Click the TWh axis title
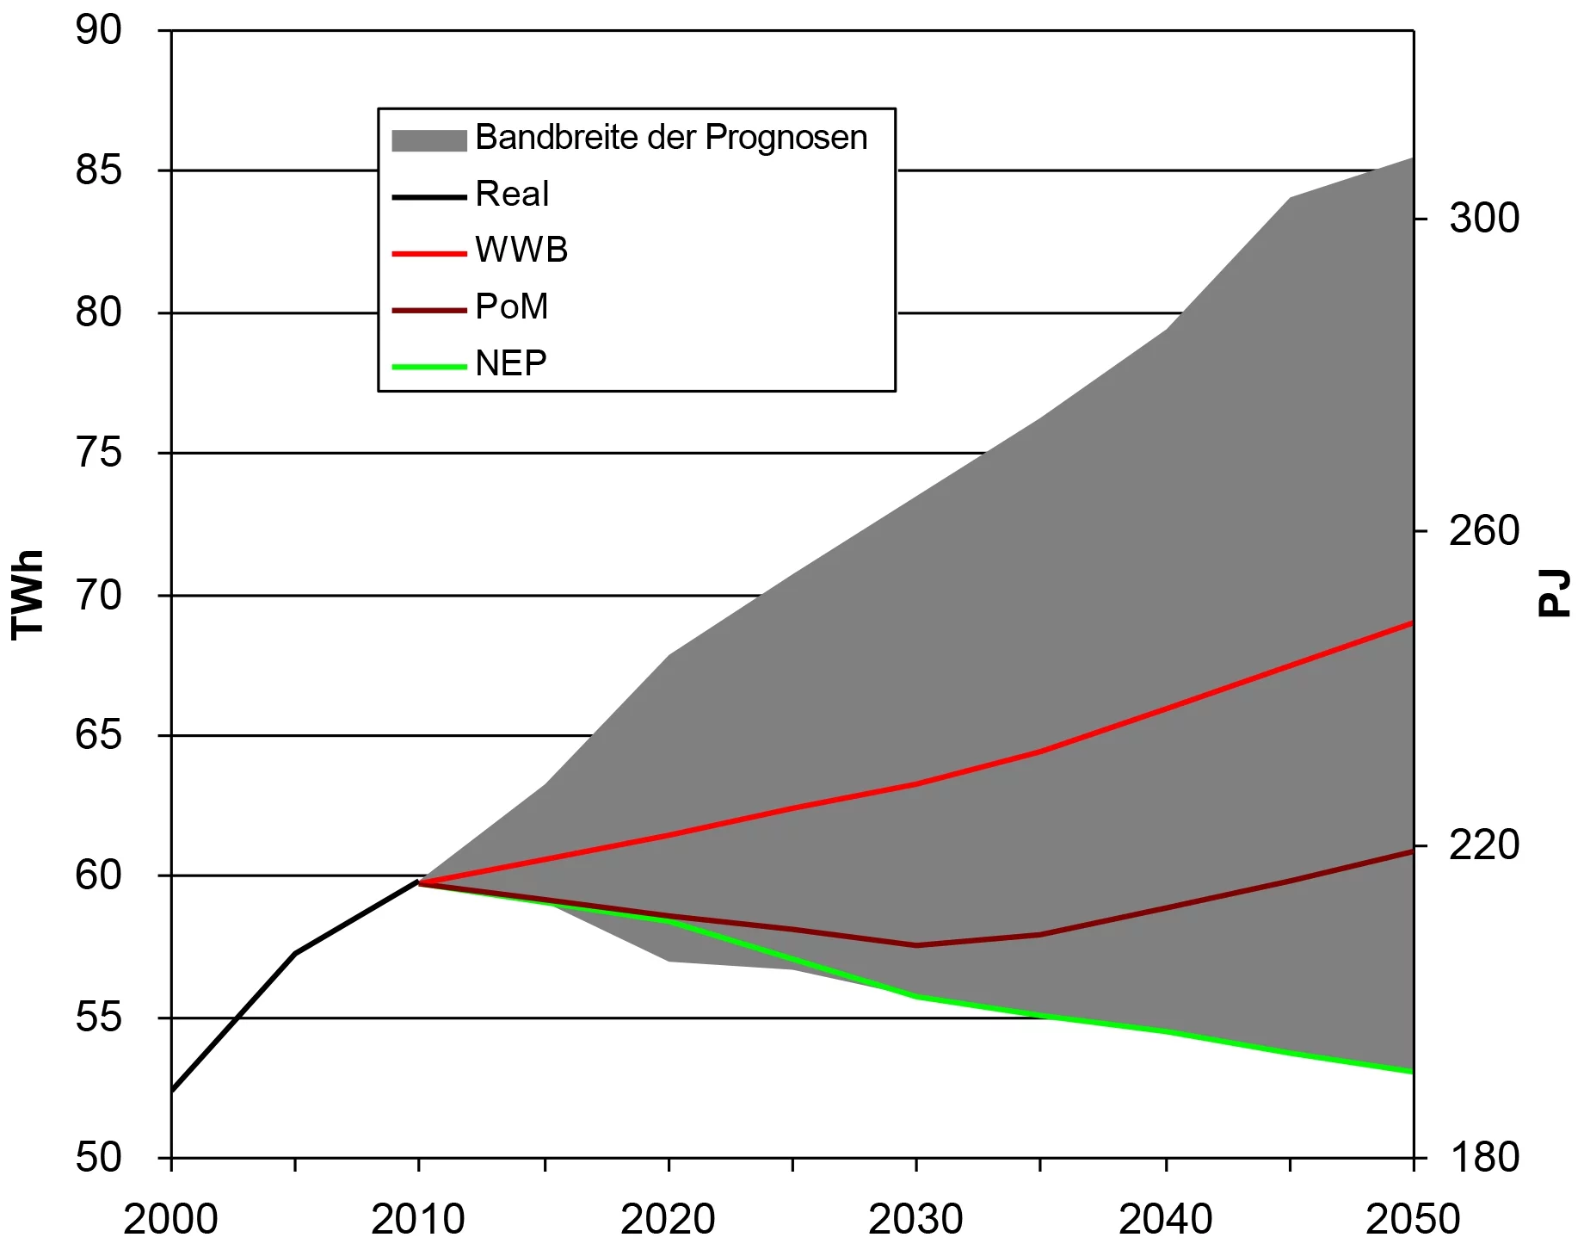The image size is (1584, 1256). pyautogui.click(x=28, y=594)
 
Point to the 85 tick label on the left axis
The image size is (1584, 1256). pyautogui.click(x=99, y=170)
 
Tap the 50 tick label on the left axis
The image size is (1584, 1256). pyautogui.click(x=99, y=1157)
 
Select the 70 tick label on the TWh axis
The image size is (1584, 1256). pyautogui.click(x=99, y=595)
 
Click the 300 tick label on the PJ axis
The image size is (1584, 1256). pyautogui.click(x=1483, y=218)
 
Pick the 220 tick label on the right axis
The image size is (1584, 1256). pyautogui.click(x=1483, y=845)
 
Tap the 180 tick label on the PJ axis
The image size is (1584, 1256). pyautogui.click(x=1483, y=1157)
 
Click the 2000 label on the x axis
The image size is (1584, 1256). pyautogui.click(x=170, y=1220)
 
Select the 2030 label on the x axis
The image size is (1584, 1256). pyautogui.click(x=915, y=1220)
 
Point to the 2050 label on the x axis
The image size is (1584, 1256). pyautogui.click(x=1412, y=1220)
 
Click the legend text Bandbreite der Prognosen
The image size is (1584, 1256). pyautogui.click(x=671, y=138)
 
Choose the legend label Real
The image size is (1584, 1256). pyautogui.click(x=512, y=195)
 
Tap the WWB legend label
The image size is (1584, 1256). pyautogui.click(x=521, y=251)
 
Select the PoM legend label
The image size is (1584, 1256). pyautogui.click(x=512, y=306)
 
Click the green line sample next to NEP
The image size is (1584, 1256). pyautogui.click(x=428, y=367)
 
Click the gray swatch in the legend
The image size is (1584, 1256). pyautogui.click(x=428, y=140)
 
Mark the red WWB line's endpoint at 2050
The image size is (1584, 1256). pyautogui.click(x=1412, y=622)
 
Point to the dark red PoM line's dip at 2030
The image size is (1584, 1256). pyautogui.click(x=916, y=945)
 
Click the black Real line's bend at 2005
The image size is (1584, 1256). pyautogui.click(x=295, y=953)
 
